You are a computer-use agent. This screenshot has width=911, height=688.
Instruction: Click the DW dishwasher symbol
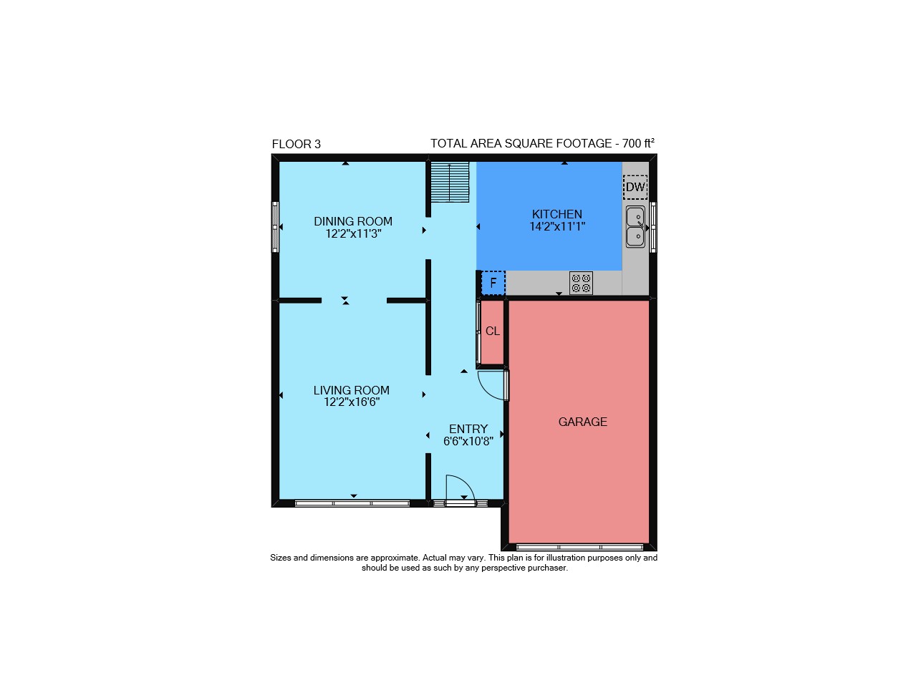(x=635, y=187)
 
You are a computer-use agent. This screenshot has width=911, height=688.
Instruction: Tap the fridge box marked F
(x=493, y=283)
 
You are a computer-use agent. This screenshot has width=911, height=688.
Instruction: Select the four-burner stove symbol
(x=581, y=283)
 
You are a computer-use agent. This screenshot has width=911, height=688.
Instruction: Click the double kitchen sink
(x=635, y=227)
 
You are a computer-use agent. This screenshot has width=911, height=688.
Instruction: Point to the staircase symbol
(x=450, y=182)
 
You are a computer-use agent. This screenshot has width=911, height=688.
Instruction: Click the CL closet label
(x=493, y=331)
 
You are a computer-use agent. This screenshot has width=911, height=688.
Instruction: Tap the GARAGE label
(x=583, y=422)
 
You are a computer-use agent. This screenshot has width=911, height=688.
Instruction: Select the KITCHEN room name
(x=557, y=214)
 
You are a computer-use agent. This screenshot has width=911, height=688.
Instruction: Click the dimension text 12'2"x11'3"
(x=353, y=234)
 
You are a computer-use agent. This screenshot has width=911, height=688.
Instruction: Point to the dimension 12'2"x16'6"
(x=352, y=402)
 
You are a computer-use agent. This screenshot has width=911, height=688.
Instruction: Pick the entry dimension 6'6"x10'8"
(x=468, y=441)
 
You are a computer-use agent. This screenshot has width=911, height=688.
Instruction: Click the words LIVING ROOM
(x=352, y=390)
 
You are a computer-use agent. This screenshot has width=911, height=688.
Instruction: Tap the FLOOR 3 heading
(x=297, y=144)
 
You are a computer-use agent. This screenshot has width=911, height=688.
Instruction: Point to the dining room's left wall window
(x=275, y=227)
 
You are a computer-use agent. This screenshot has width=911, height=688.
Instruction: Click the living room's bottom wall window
(x=352, y=503)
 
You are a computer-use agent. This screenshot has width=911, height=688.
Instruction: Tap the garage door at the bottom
(x=579, y=548)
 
